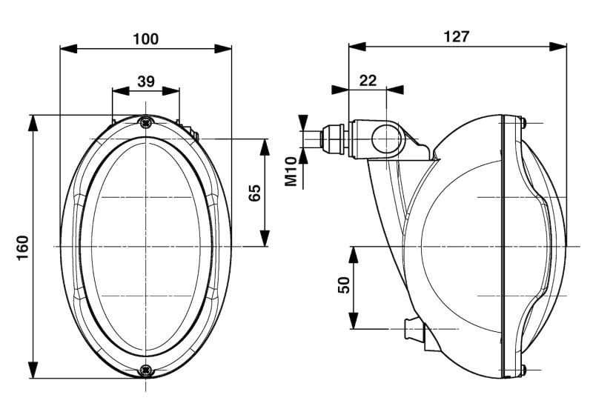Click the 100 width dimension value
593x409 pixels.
(145, 39)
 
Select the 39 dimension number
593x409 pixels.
(145, 81)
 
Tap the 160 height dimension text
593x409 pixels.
(21, 245)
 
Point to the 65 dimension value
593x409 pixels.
(254, 193)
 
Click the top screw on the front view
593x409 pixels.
(145, 122)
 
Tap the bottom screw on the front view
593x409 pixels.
(145, 368)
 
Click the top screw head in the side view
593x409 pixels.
(523, 122)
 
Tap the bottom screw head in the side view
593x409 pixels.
(523, 369)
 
